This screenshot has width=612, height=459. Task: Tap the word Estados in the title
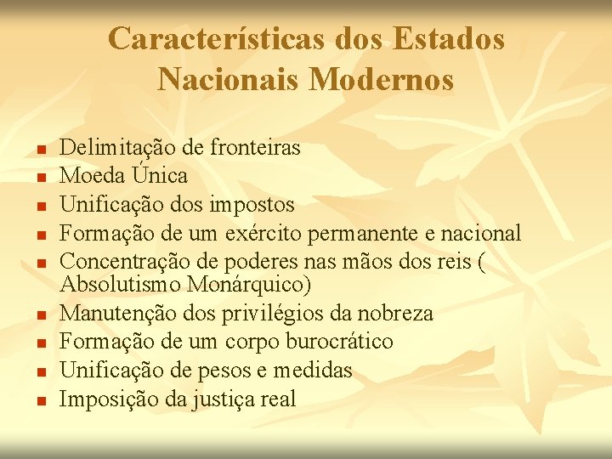click(x=450, y=39)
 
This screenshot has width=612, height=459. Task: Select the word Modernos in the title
click(x=382, y=80)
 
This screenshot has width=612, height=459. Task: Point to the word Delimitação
click(x=118, y=148)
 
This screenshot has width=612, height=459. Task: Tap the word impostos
click(x=252, y=205)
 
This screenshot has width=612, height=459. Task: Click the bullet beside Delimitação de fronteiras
click(x=40, y=150)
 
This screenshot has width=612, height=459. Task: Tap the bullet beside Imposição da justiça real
click(x=40, y=400)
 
